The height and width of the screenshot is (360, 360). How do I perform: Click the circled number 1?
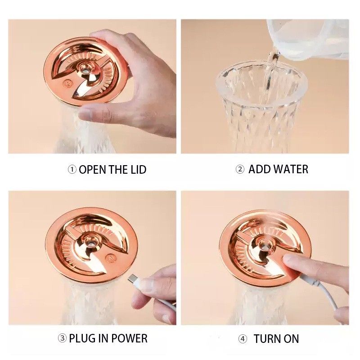click(x=72, y=170)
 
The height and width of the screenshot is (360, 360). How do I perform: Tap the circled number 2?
click(x=240, y=170)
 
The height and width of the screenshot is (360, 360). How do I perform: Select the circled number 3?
click(x=62, y=338)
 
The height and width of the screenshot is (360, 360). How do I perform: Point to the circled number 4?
click(x=243, y=339)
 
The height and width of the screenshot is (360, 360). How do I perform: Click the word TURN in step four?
click(x=267, y=339)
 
